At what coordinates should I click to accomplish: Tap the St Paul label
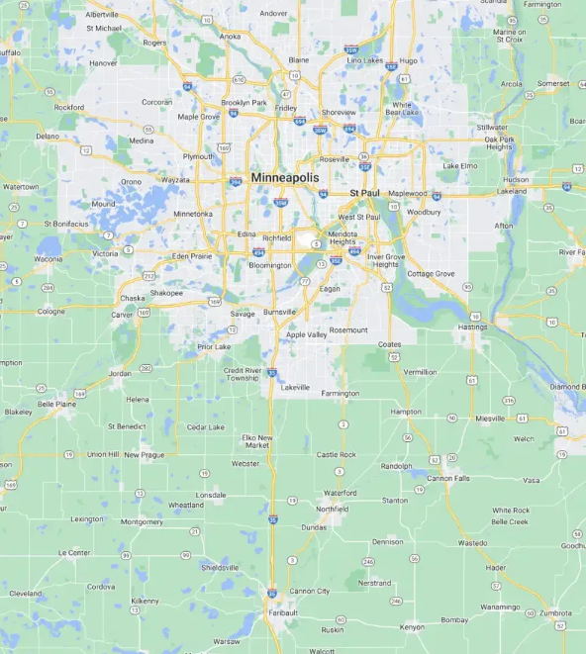(x=365, y=192)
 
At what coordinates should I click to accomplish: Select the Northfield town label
(x=333, y=509)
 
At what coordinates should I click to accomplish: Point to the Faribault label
(x=282, y=612)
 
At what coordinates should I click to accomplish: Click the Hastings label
(x=474, y=327)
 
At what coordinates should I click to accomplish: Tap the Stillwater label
(x=491, y=128)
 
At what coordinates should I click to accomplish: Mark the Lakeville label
(x=295, y=387)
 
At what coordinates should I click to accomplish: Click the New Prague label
(x=145, y=454)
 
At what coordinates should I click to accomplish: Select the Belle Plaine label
(x=57, y=404)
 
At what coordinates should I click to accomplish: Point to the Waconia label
(x=48, y=259)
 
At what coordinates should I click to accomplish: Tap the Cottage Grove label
(x=431, y=273)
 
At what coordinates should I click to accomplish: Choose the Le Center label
(x=75, y=552)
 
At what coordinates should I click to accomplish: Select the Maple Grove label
(x=198, y=117)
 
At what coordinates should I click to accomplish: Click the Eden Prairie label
(x=192, y=255)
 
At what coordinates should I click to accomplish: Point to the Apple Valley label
(x=306, y=334)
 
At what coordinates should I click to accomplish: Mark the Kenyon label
(x=412, y=626)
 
